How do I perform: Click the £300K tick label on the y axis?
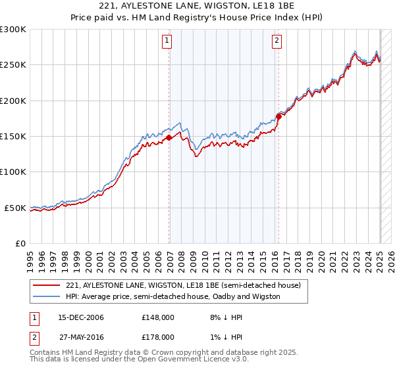(13, 30)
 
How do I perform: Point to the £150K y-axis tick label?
(13, 137)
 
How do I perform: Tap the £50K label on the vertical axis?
(16, 208)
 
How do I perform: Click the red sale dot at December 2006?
(169, 137)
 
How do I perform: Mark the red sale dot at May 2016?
(278, 116)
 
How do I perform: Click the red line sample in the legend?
(47, 285)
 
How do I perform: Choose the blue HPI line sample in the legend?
(47, 296)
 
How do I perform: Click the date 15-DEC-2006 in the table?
(81, 317)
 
